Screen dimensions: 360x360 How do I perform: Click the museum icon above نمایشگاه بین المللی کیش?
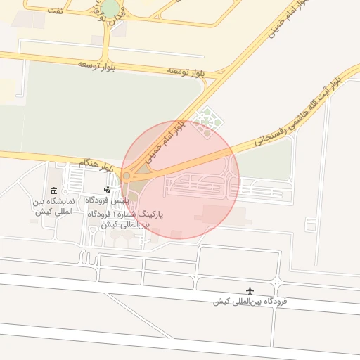click(x=54, y=191)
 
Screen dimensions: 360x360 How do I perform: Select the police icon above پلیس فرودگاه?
click(x=107, y=189)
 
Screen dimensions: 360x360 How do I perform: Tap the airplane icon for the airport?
click(x=250, y=290)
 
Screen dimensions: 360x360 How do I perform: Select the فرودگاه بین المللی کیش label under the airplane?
click(x=251, y=302)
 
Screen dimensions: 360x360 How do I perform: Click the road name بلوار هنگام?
click(x=96, y=165)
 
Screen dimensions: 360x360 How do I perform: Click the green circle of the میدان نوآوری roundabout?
click(x=110, y=8)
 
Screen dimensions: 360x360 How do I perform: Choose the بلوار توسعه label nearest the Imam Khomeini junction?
click(x=186, y=72)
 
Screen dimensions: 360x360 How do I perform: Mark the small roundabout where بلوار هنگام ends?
click(x=127, y=175)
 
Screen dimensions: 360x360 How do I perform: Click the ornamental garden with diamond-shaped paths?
click(x=208, y=121)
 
